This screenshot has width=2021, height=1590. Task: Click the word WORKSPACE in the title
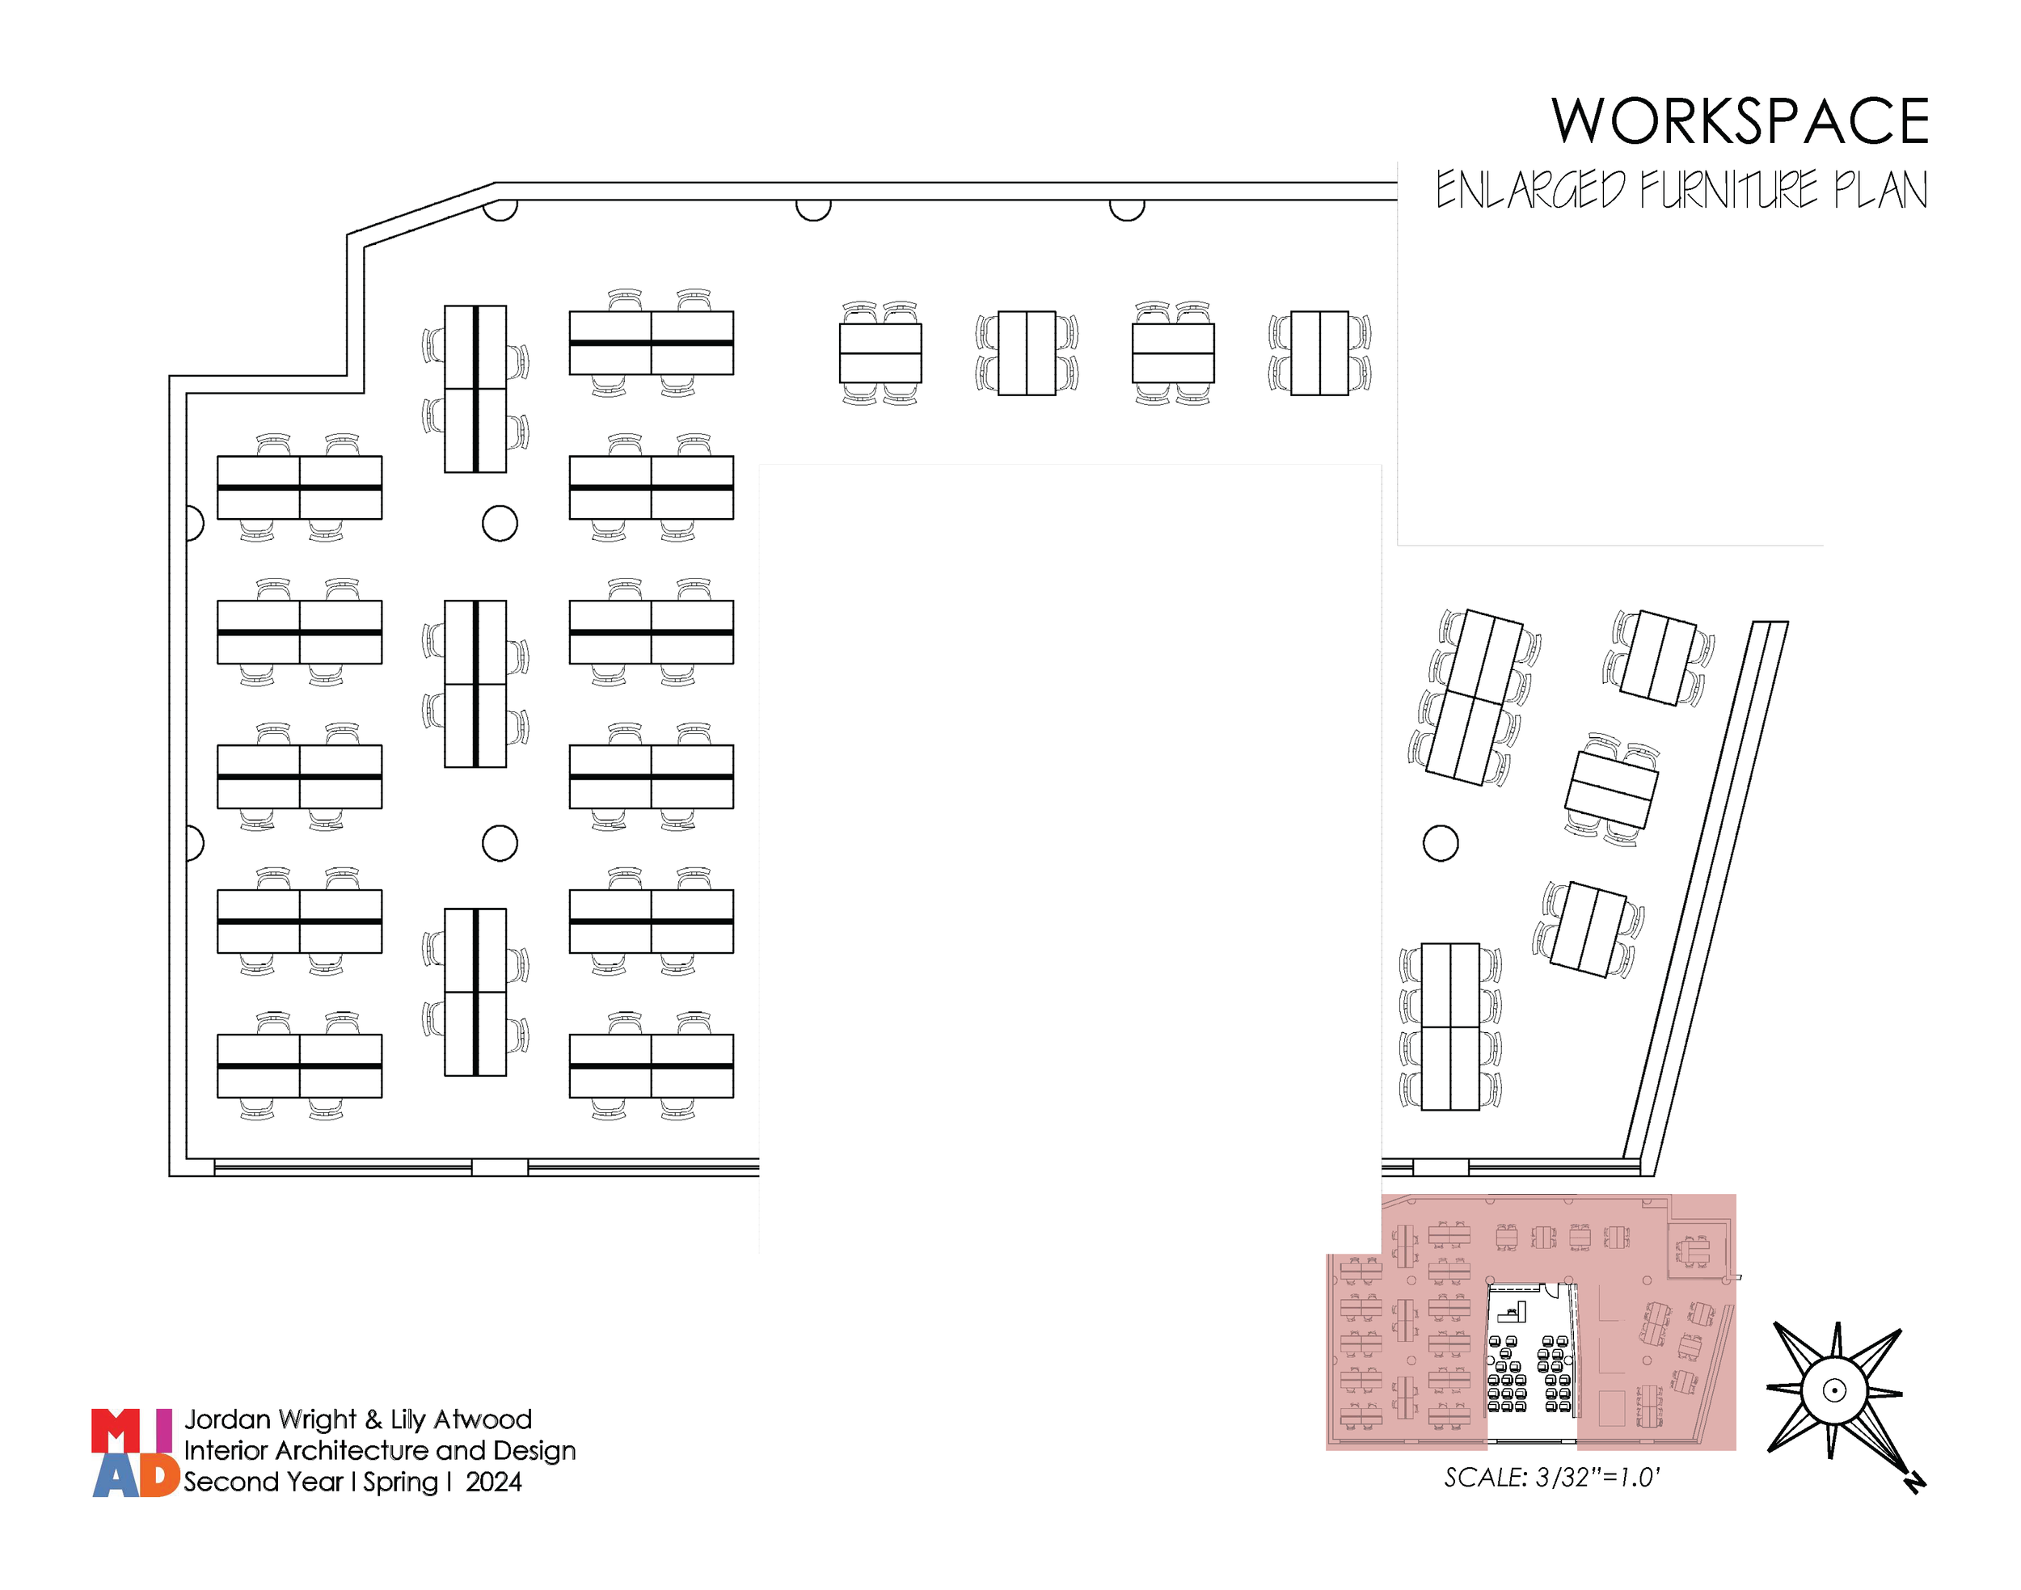coord(1739,122)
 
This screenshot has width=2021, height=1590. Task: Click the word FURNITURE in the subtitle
coord(1727,191)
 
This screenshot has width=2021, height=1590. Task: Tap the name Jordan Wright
coord(270,1419)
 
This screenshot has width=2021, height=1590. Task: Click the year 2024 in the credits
coord(493,1482)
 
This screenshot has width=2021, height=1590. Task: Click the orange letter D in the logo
coord(159,1476)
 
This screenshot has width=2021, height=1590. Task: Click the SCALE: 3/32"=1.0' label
coord(1552,1478)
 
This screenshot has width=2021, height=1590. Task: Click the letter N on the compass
coord(1914,1482)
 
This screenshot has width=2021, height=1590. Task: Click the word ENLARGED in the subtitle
coord(1529,191)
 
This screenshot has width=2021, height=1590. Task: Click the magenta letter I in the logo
coord(164,1431)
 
